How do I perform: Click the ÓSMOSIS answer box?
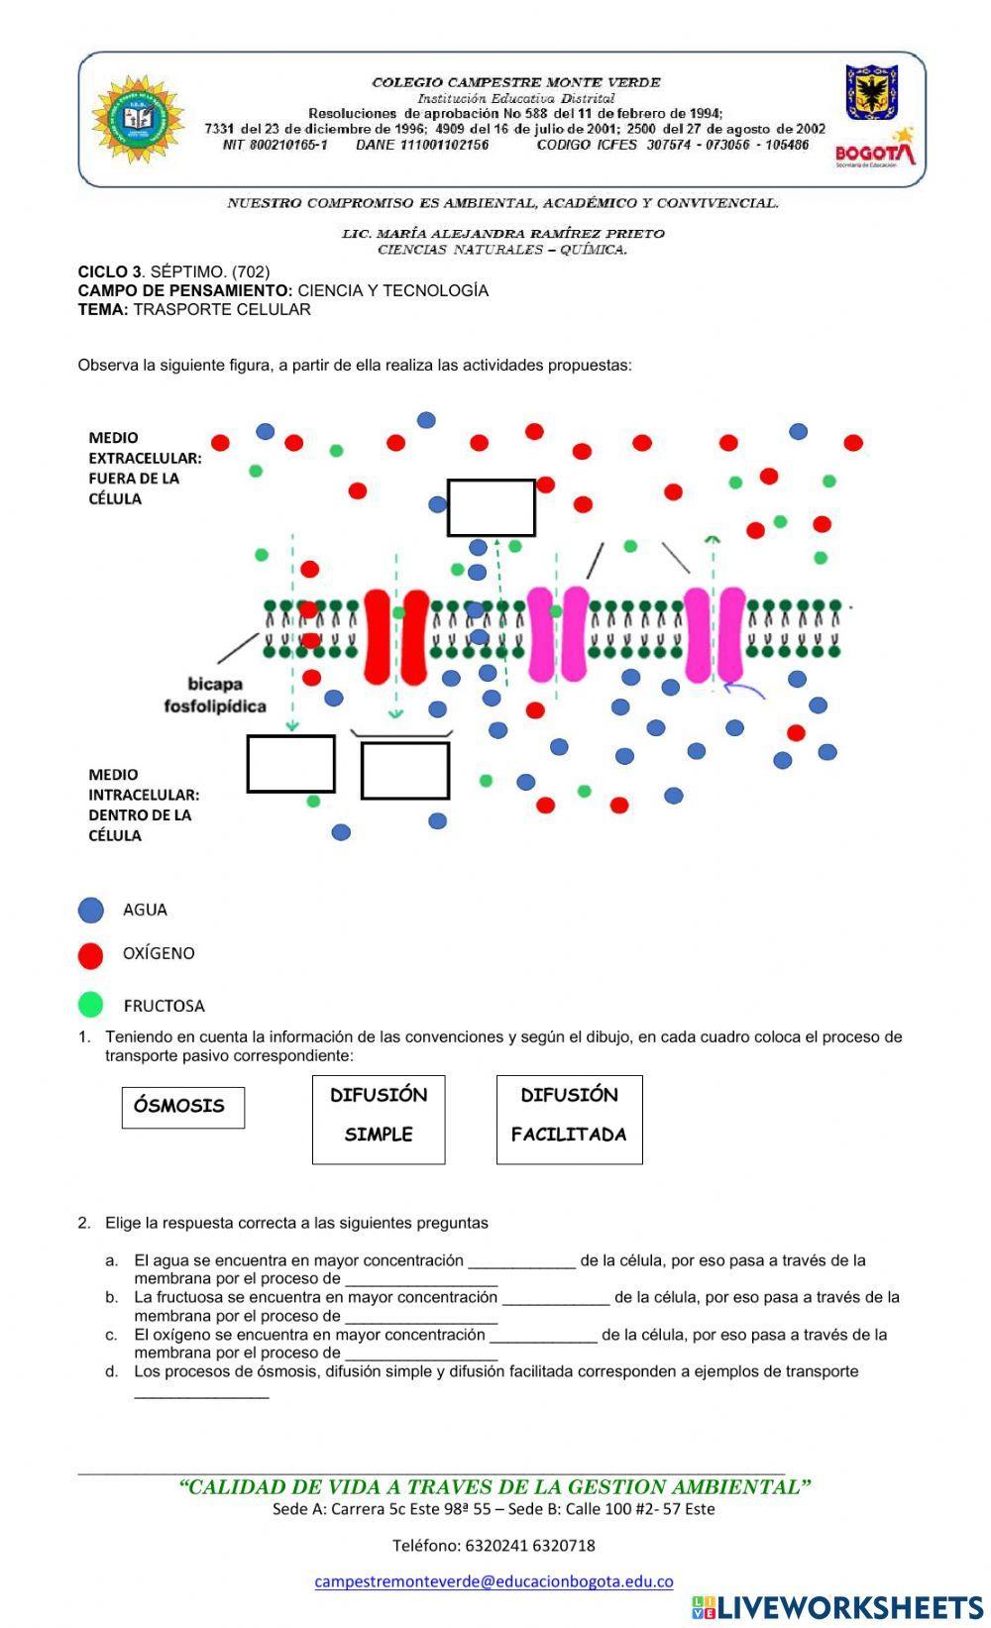pos(182,1107)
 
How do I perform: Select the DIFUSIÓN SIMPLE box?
pos(379,1119)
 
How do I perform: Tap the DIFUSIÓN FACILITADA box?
pos(569,1119)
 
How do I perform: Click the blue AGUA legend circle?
pos(91,911)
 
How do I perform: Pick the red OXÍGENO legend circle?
pos(91,955)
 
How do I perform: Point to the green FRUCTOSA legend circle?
pos(91,1005)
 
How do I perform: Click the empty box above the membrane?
pos(491,508)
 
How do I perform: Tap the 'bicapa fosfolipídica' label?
pos(215,695)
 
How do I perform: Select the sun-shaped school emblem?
pos(138,119)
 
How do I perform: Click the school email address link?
pos(494,1581)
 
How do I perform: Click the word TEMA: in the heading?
pos(103,309)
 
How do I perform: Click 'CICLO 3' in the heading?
pos(109,271)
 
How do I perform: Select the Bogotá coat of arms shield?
pos(871,92)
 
